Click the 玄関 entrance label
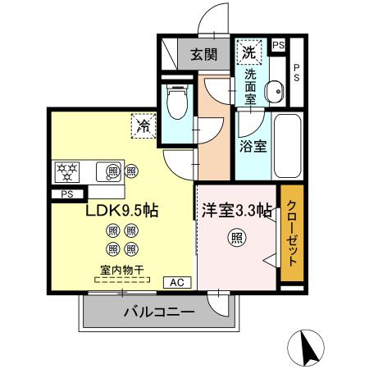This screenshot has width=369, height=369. (x=204, y=56)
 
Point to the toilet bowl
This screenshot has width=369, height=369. (x=175, y=102)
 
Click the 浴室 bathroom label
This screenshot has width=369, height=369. (x=253, y=148)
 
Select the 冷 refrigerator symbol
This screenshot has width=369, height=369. (x=143, y=126)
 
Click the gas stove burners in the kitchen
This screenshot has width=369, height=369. (x=66, y=171)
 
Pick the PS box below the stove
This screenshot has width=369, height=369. (x=66, y=194)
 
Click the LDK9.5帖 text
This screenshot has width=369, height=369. (x=122, y=211)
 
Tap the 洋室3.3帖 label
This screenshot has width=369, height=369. (x=237, y=210)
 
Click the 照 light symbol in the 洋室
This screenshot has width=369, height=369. (x=237, y=239)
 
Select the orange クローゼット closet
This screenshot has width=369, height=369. (x=292, y=235)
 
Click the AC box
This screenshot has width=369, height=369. (x=176, y=282)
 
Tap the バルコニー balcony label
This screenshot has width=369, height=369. (x=159, y=312)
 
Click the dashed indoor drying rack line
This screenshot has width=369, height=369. (x=122, y=279)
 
